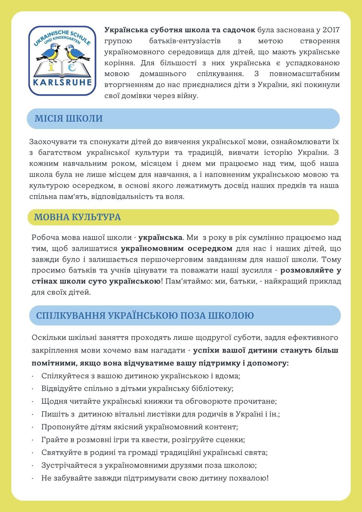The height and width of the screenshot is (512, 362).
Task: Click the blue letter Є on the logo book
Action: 72,68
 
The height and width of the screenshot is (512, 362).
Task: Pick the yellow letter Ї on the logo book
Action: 52,68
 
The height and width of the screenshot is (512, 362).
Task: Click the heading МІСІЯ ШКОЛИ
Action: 68,118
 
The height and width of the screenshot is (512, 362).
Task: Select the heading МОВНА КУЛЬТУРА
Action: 77,217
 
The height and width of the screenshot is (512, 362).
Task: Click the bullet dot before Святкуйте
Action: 33,453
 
